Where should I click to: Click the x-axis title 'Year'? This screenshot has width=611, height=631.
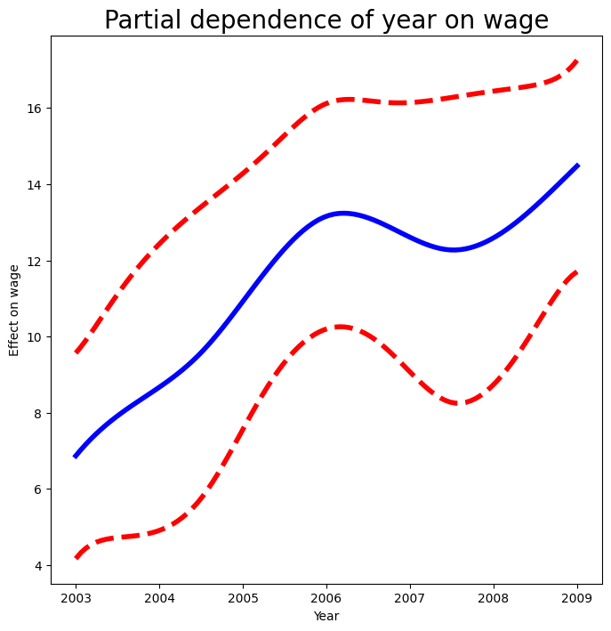click(326, 615)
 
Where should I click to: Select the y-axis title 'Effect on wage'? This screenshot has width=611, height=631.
click(14, 310)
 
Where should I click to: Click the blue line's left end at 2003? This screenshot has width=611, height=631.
click(76, 456)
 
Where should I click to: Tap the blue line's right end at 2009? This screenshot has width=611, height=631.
click(577, 166)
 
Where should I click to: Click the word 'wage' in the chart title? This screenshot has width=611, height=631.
click(511, 20)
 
